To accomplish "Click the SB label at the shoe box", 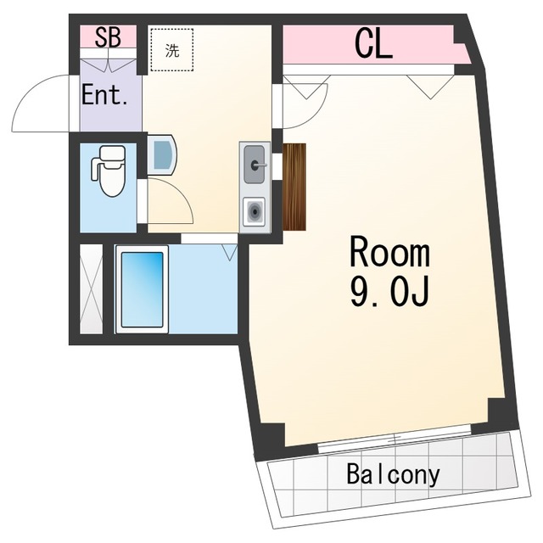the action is coord(108,37).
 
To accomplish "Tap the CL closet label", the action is coord(373,44).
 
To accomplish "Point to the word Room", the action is coord(389,251).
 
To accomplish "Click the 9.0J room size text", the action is coord(389,292).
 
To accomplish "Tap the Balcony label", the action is coord(393,475).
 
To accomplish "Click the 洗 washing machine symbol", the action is coord(172,50).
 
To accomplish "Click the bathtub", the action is coord(142,289).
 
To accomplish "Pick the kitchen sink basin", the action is coord(255,164).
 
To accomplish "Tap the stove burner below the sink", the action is coord(255,211).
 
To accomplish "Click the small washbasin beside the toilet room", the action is coord(162,155).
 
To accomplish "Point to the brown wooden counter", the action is coord(294,187).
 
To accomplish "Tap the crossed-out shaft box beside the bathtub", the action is coord(92,289).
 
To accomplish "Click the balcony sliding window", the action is coord(395,438).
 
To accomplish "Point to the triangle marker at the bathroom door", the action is coord(229,252).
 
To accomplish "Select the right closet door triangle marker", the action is coord(430,87).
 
